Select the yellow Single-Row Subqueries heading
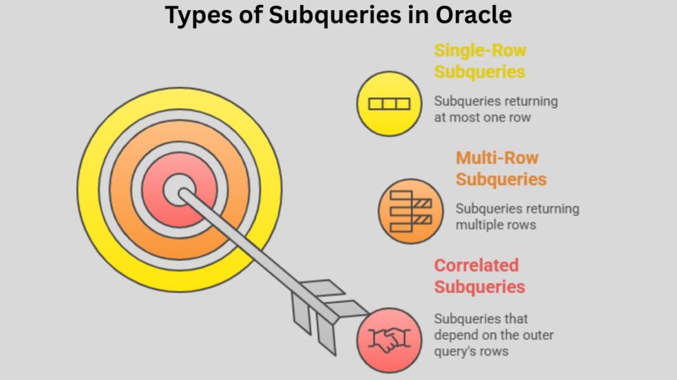point(480,61)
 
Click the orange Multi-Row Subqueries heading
point(501,168)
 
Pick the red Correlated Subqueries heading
point(479,276)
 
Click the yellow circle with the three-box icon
point(389,103)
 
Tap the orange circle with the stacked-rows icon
point(411,211)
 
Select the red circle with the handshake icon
point(389,340)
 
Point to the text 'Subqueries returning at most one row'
point(496,109)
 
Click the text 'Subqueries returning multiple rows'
point(517,217)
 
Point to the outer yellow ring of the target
point(89,190)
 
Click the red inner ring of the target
point(152,190)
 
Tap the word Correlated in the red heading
point(476,265)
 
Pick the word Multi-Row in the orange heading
point(497,158)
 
